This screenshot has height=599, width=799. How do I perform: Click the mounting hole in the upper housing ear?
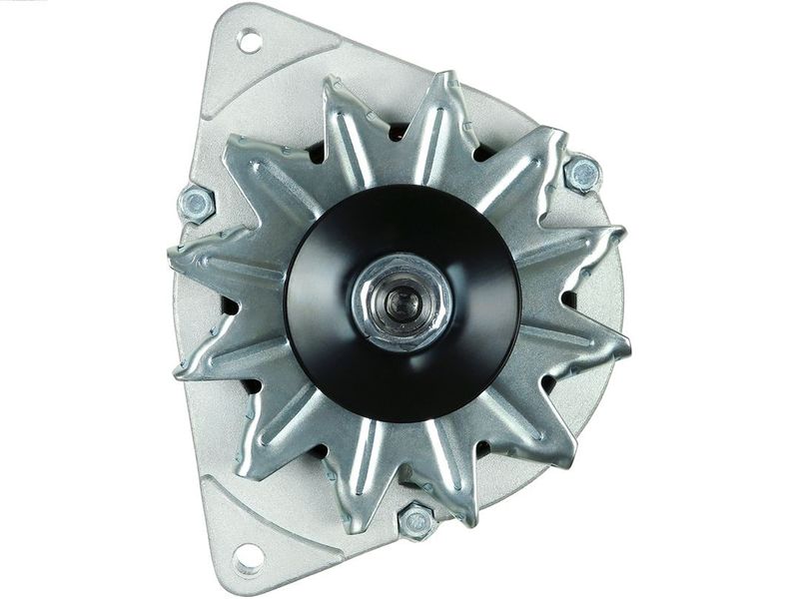(x=249, y=41)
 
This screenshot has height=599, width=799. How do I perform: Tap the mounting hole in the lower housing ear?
(x=248, y=555)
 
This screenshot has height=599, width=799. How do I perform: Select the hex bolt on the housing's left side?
(x=196, y=204)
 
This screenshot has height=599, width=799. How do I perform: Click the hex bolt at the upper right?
(x=582, y=174)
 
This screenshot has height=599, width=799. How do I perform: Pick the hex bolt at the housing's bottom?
(x=416, y=521)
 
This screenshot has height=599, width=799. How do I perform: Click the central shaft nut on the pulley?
(x=401, y=301)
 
